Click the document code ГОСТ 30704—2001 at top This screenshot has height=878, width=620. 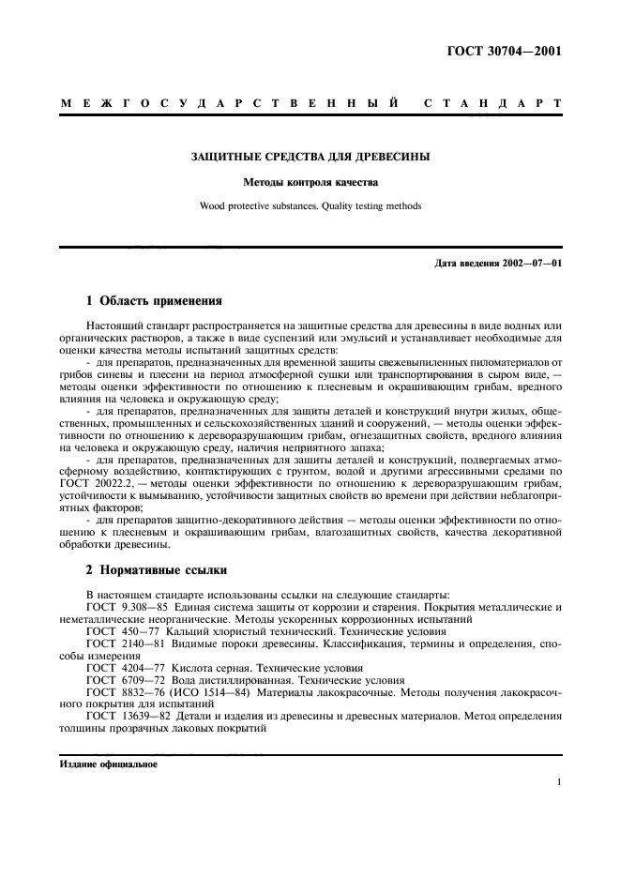504,51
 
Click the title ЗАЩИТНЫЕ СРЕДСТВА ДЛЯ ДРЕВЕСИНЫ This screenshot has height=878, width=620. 310,157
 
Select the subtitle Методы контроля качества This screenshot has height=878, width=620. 310,183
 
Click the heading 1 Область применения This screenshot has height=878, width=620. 154,301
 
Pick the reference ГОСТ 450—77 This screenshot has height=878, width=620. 117,633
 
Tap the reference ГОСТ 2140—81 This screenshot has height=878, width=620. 121,645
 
